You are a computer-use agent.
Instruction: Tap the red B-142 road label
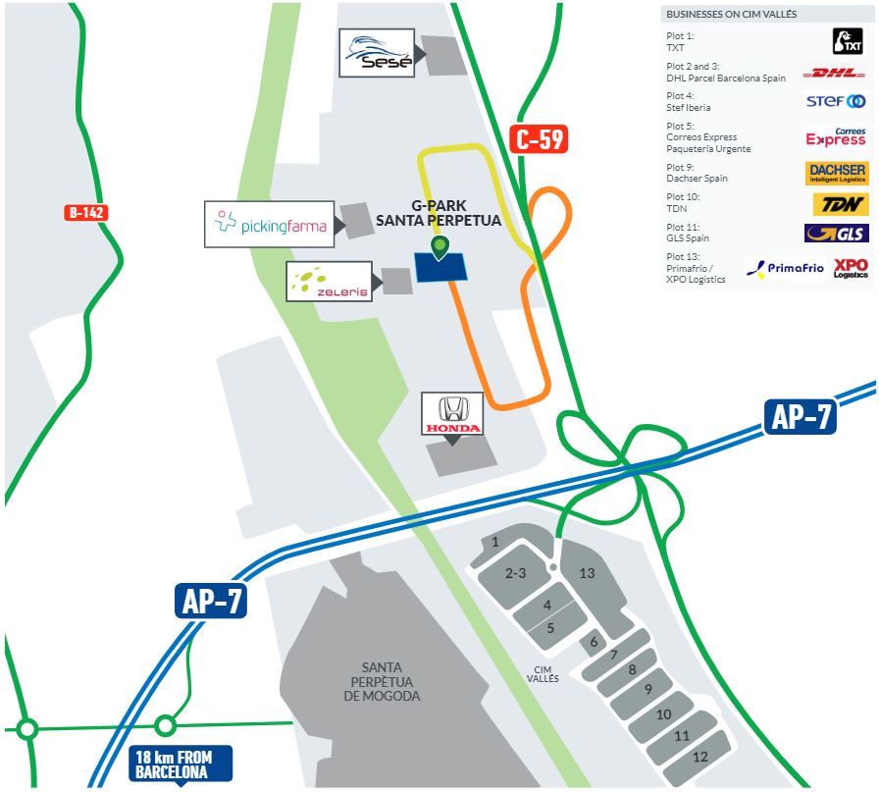point(86,212)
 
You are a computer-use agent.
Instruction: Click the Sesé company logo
point(377,53)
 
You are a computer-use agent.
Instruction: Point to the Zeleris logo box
point(329,282)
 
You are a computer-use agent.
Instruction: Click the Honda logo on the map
point(451,414)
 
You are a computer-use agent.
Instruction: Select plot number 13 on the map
point(587,572)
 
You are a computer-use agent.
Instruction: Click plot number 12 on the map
point(699,757)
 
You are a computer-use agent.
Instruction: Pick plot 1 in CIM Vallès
point(495,542)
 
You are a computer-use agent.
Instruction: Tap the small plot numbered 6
point(593,643)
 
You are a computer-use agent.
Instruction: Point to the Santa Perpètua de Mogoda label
point(382,681)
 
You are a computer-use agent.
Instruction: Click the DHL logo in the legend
point(834,73)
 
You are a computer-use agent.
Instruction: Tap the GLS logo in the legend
point(835,234)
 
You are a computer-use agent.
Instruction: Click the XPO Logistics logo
point(850,268)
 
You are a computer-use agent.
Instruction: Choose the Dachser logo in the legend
point(836,174)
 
